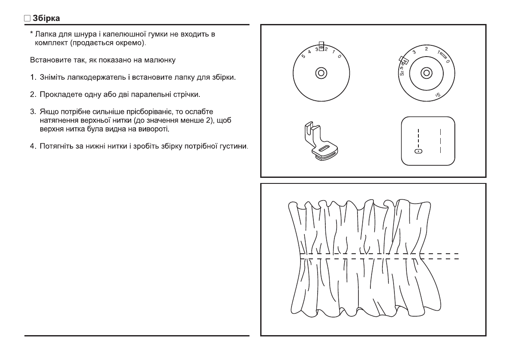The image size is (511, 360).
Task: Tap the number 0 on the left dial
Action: click(x=339, y=57)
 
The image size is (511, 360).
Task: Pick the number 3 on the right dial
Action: click(x=414, y=52)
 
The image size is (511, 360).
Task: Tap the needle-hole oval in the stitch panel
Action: click(x=419, y=151)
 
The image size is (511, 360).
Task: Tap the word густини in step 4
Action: click(x=235, y=147)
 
